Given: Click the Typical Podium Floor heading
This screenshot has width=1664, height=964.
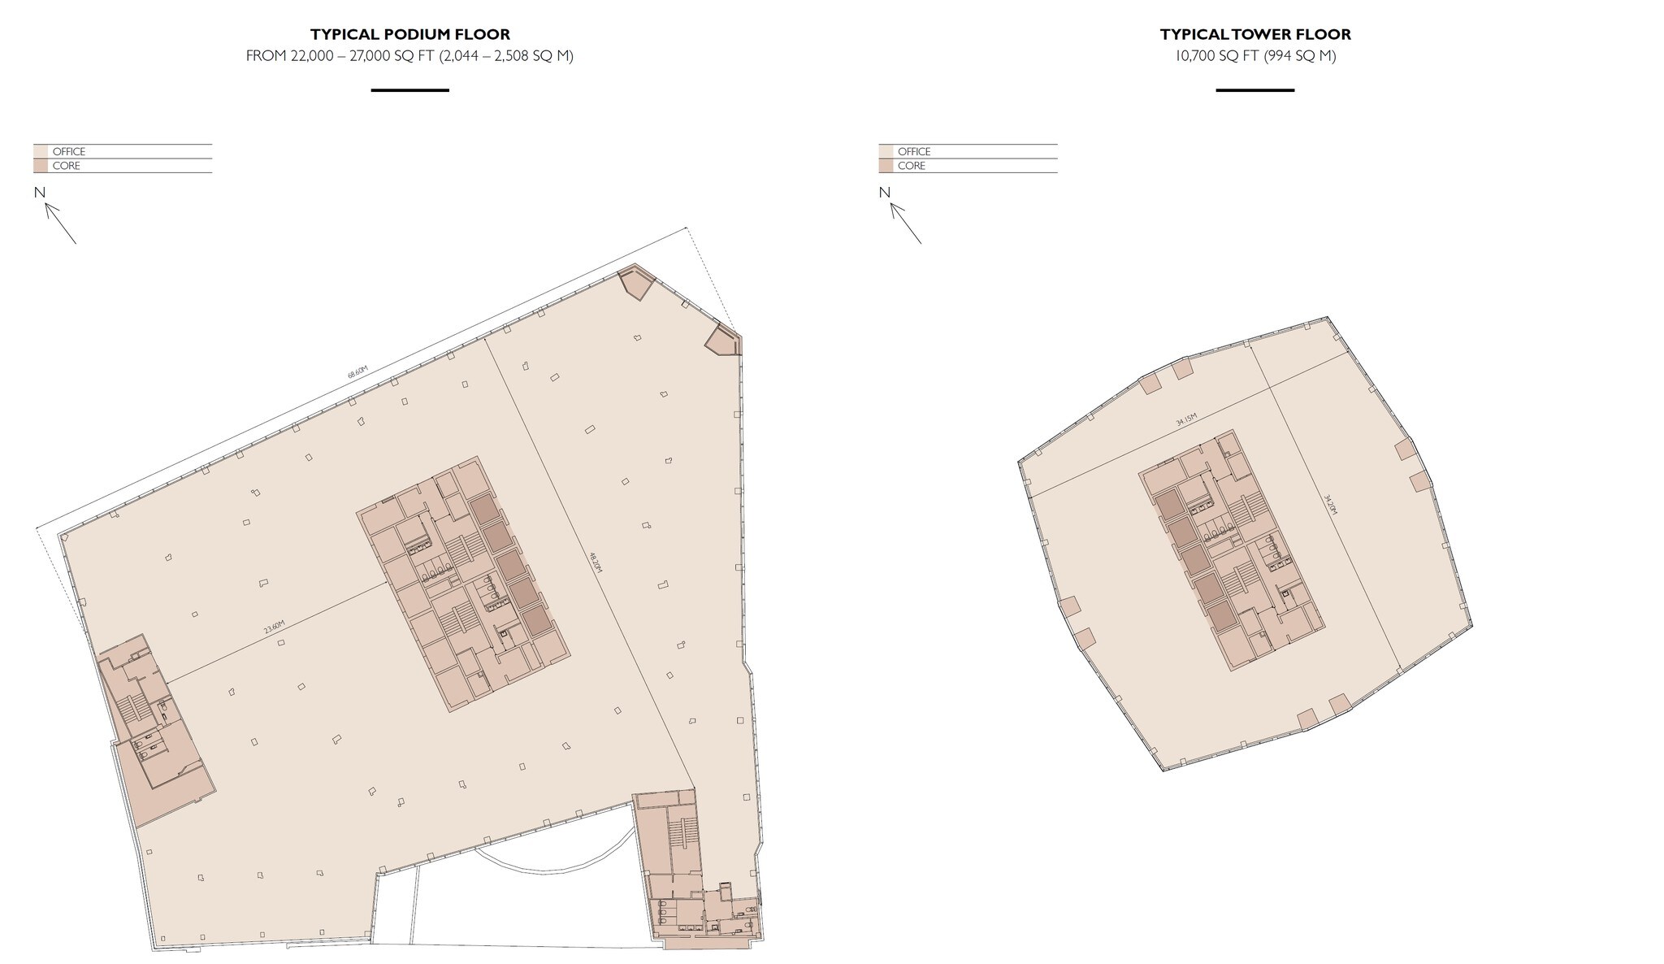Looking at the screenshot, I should [x=409, y=35].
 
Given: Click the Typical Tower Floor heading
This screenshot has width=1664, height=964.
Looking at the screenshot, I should [x=1254, y=35].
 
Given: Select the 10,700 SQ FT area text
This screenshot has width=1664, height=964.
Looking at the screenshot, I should [x=1254, y=56].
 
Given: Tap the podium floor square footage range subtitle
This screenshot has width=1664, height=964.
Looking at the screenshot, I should [x=409, y=56].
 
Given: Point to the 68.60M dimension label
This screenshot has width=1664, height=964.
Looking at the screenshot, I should [x=357, y=372].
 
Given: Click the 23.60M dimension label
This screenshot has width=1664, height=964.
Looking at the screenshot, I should [x=275, y=627].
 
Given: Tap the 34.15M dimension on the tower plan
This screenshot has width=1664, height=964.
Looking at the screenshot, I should [x=1186, y=420].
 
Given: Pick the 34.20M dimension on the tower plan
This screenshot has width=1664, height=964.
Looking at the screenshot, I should [x=1329, y=504].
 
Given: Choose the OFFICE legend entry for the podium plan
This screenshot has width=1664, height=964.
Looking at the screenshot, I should [x=68, y=152].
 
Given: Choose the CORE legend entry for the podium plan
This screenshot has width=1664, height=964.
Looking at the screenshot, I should [x=66, y=166].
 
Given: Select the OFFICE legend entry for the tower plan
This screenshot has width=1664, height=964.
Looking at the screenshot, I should [x=913, y=152].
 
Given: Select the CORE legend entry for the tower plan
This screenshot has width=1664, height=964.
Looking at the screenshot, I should [x=911, y=166].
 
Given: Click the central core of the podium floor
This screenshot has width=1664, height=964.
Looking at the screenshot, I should [x=462, y=584].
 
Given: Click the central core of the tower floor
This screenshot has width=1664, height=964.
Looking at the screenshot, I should [x=1231, y=549].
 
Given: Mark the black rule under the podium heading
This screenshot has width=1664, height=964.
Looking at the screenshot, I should [x=409, y=90].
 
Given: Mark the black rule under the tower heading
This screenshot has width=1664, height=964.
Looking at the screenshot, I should [x=1254, y=90].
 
